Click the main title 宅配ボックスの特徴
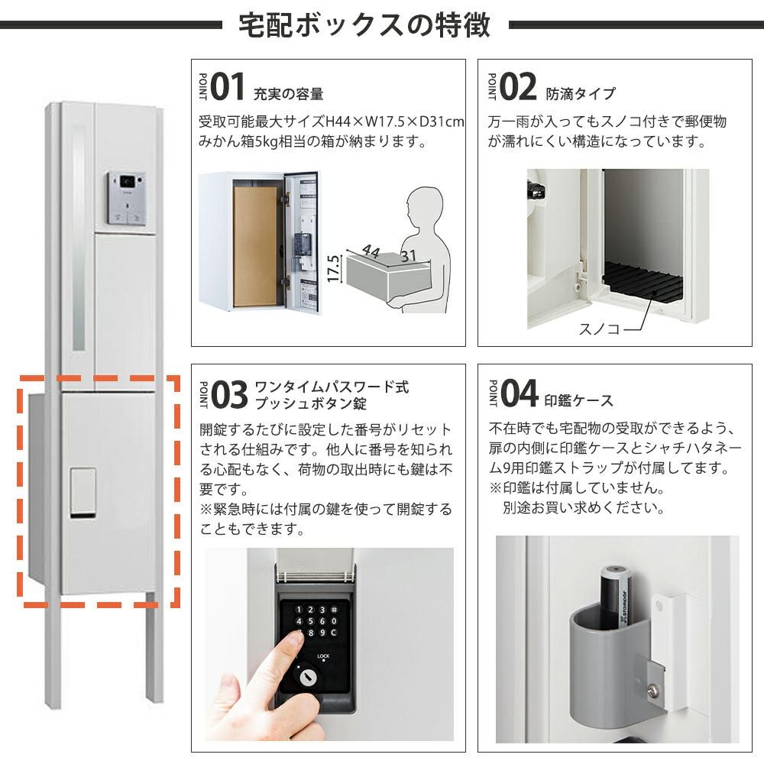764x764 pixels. pyautogui.click(x=364, y=25)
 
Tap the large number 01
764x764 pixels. pyautogui.click(x=228, y=87)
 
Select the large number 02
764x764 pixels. pyautogui.click(x=518, y=87)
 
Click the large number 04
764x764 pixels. pyautogui.click(x=520, y=393)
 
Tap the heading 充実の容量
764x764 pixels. pyautogui.click(x=289, y=93)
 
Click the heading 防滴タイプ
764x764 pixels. pyautogui.click(x=581, y=93)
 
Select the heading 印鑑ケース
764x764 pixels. pyautogui.click(x=579, y=400)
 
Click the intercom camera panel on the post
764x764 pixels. pyautogui.click(x=127, y=199)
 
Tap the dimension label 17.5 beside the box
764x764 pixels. pyautogui.click(x=333, y=268)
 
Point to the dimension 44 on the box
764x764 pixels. pyautogui.click(x=371, y=251)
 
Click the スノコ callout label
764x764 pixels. pyautogui.click(x=599, y=329)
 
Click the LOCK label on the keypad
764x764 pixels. pyautogui.click(x=323, y=656)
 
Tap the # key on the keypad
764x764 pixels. pyautogui.click(x=335, y=610)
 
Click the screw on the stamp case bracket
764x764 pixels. pyautogui.click(x=654, y=689)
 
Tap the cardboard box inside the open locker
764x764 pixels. pyautogui.click(x=255, y=246)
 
